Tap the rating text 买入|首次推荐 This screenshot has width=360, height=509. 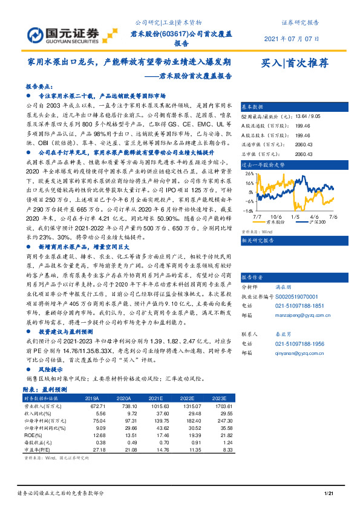tap(295, 62)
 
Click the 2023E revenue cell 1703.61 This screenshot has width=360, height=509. tap(221, 407)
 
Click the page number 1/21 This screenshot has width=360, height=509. tap(329, 494)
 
